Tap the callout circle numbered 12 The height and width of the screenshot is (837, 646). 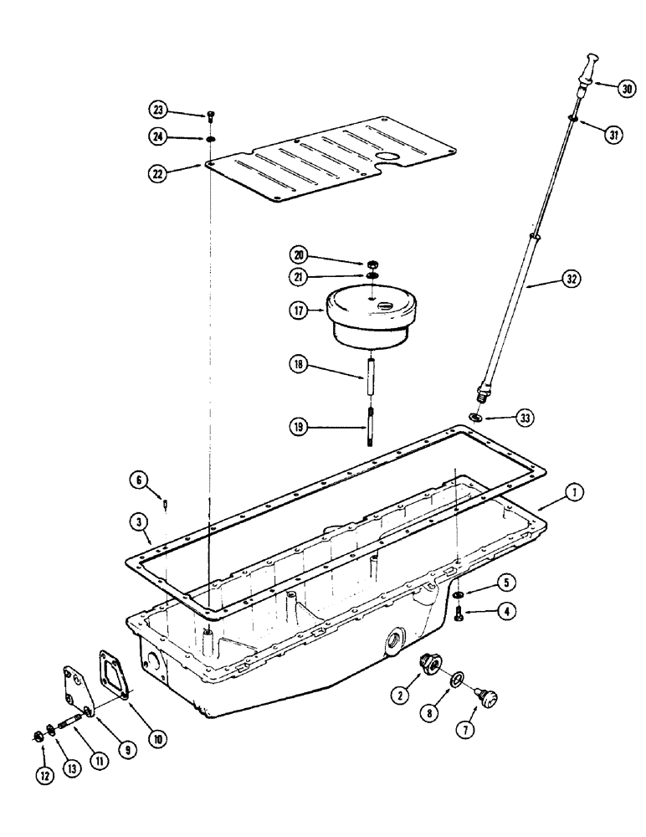click(x=45, y=775)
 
